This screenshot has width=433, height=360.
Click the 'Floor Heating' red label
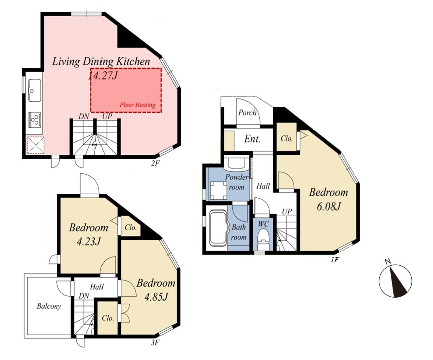click(137, 105)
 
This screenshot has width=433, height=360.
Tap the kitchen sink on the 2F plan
click(35, 90)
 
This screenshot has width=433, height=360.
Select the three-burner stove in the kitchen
click(35, 119)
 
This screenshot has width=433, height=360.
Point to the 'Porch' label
click(247, 112)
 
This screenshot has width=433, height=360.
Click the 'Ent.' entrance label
click(252, 139)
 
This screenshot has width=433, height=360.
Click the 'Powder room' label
click(237, 182)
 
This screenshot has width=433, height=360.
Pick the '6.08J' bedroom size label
click(328, 206)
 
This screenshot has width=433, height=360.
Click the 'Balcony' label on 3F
click(49, 306)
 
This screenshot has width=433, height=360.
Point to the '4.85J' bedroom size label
click(156, 297)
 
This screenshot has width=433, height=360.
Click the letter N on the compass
click(388, 261)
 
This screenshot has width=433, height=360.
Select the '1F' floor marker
click(335, 260)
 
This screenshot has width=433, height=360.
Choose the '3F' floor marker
click(155, 343)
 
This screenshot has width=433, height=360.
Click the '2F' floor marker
click(155, 164)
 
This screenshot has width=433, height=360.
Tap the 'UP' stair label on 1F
click(287, 212)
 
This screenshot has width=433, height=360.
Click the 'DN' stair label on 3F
click(84, 296)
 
